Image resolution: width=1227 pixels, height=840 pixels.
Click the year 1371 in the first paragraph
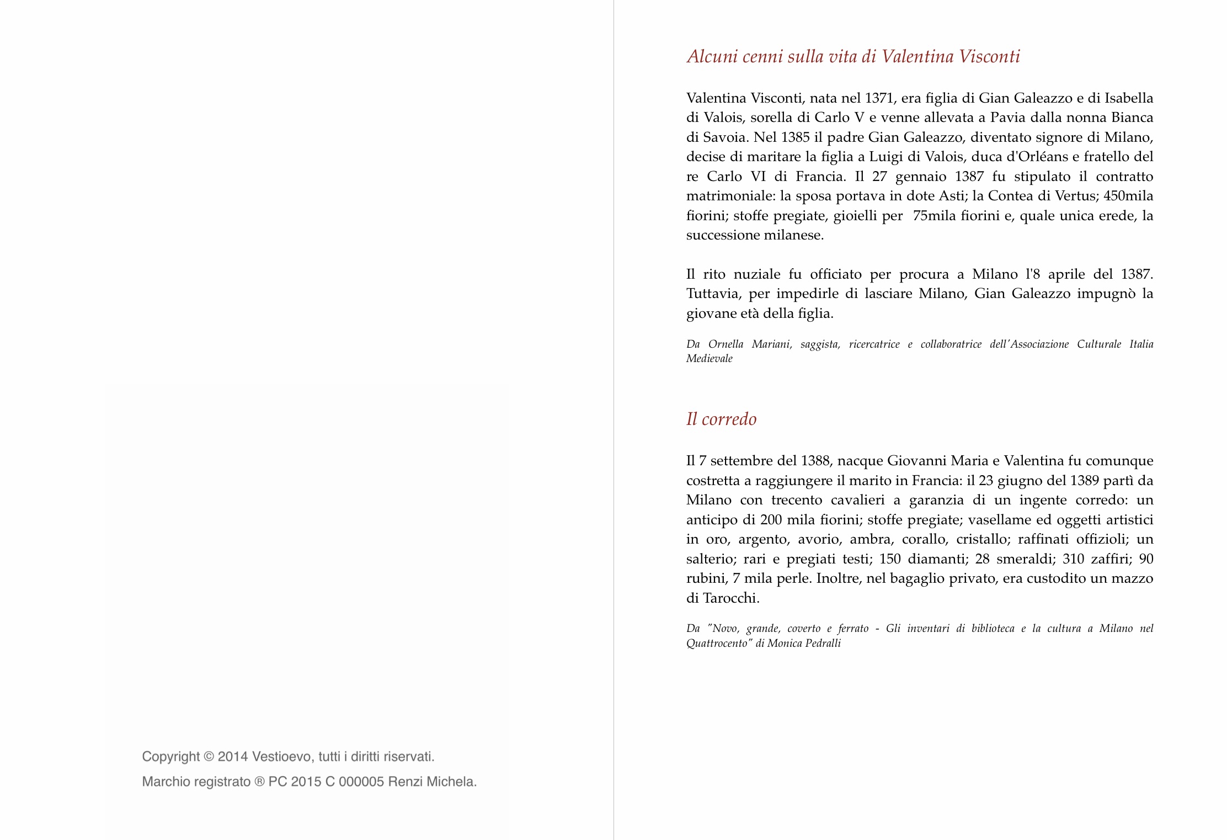(879, 98)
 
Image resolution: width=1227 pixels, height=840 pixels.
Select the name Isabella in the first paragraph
(1128, 98)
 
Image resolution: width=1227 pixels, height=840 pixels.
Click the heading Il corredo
(721, 419)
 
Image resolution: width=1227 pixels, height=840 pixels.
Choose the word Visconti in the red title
(989, 56)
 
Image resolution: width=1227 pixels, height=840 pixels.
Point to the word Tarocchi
(731, 598)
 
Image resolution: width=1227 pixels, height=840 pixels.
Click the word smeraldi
(1025, 559)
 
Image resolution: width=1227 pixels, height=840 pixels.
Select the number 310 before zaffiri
(1074, 559)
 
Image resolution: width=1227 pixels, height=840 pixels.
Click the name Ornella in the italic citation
(725, 344)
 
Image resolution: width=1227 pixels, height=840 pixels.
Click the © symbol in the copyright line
(209, 757)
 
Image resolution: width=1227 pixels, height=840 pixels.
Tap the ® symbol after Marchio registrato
(259, 782)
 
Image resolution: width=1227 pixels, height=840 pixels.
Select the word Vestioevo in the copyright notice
(281, 757)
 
